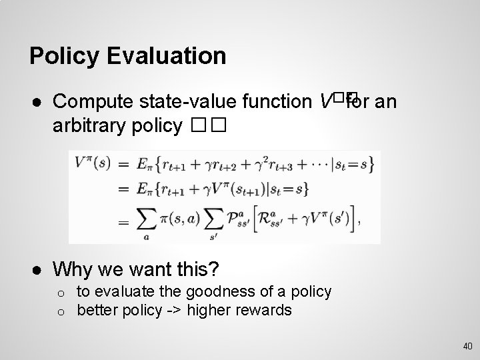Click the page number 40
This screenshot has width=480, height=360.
click(x=467, y=345)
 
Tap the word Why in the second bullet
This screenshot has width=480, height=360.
click(x=70, y=269)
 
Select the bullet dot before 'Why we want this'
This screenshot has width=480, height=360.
click(x=34, y=269)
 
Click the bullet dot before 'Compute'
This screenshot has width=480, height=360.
click(x=34, y=103)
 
